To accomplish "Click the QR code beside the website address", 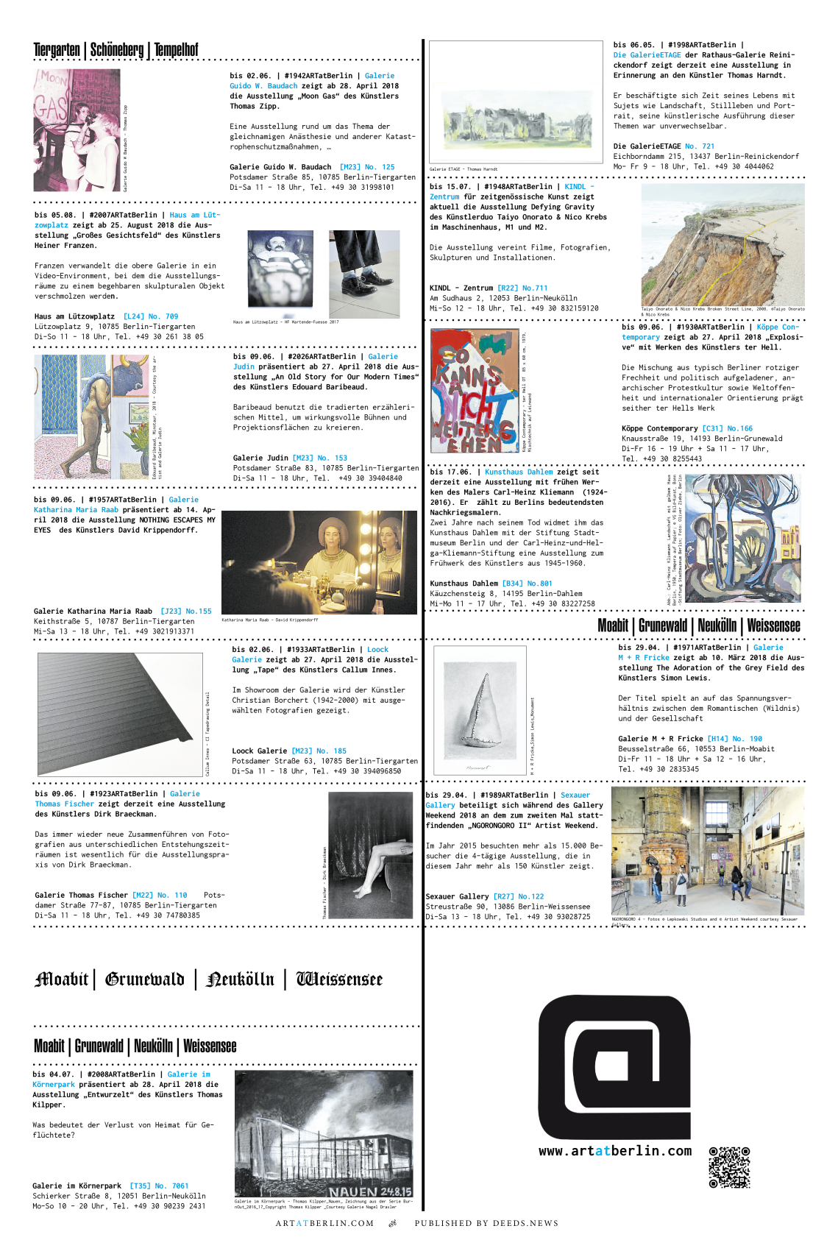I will point(728,1167).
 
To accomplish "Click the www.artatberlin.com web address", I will point(614,1151).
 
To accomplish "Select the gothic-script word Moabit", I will point(61,979).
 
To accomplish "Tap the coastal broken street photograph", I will point(722,245).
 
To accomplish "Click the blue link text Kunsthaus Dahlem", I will point(519,472).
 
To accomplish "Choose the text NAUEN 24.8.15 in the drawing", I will point(370,1191).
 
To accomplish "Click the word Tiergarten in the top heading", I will point(57,50).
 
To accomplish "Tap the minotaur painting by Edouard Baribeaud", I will point(91,417).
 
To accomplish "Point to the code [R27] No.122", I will point(519,896).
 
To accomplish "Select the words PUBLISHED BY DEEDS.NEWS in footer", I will point(486,1223).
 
